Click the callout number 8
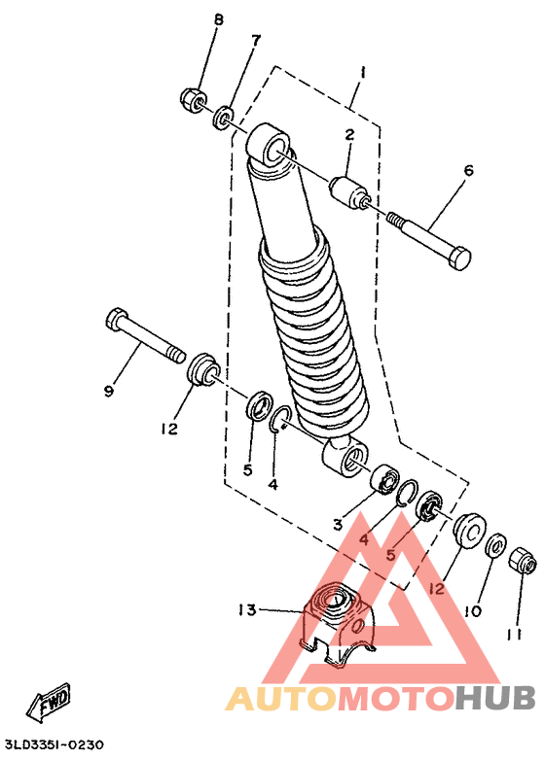point(218,19)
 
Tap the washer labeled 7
point(223,117)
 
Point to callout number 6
point(468,171)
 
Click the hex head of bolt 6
point(458,258)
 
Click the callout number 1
point(363,74)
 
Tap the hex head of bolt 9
point(116,319)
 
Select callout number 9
point(109,391)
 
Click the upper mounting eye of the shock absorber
point(269,146)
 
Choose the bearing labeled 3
point(383,478)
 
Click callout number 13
point(247,609)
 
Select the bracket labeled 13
point(337,623)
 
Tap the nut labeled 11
point(523,560)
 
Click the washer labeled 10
point(496,546)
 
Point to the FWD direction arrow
point(49,701)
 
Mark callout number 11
point(515,635)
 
